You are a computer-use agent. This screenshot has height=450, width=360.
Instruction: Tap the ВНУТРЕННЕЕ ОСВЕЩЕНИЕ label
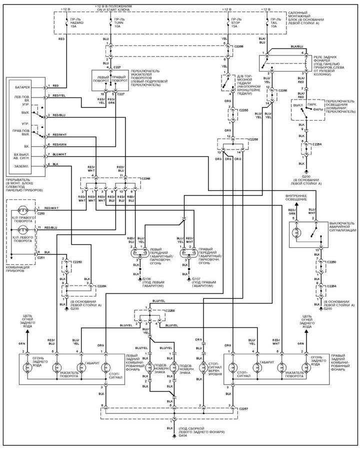pyautogui.click(x=299, y=198)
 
